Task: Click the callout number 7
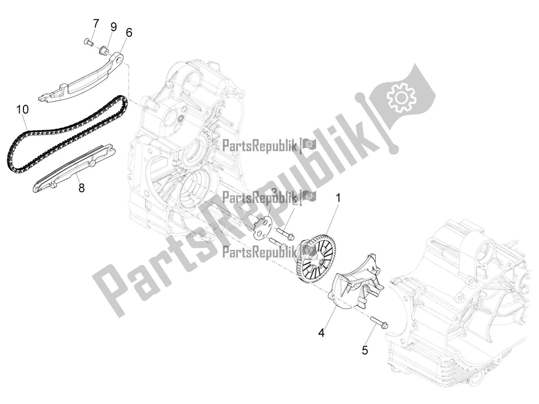[96, 24]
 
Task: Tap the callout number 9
[114, 27]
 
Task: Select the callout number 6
[129, 33]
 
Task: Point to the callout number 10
[23, 109]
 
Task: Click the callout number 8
[82, 188]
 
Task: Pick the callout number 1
[337, 198]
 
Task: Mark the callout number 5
[365, 350]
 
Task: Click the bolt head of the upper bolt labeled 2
[291, 234]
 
